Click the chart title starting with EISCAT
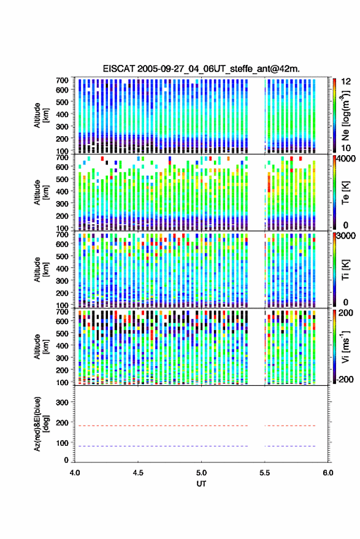tap(201, 69)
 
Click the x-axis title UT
tap(201, 484)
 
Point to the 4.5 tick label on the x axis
tap(138, 473)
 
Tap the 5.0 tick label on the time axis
tap(202, 473)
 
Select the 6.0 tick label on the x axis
tap(328, 473)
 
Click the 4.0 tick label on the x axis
tap(75, 473)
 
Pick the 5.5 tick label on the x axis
tap(265, 473)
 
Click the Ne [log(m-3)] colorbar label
tap(345, 115)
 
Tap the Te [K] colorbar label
tap(345, 193)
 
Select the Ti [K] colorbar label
tap(345, 270)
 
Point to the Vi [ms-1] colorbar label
tap(345, 346)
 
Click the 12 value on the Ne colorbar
tap(346, 82)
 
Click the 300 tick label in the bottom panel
tap(62, 402)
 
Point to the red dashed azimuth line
tap(195, 426)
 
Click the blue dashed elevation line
tap(195, 446)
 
